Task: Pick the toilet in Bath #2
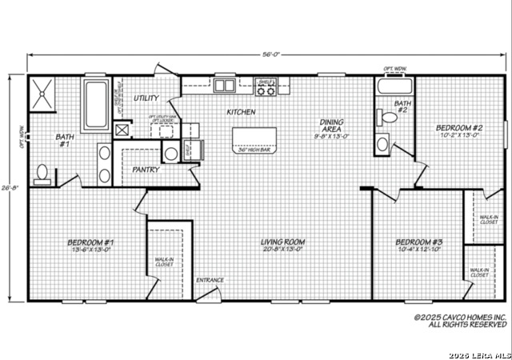(390, 118)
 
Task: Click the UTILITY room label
(146, 98)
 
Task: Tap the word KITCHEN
(241, 113)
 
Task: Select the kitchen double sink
(225, 86)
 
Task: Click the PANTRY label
(146, 170)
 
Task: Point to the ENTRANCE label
(210, 280)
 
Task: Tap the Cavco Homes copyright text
(460, 321)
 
